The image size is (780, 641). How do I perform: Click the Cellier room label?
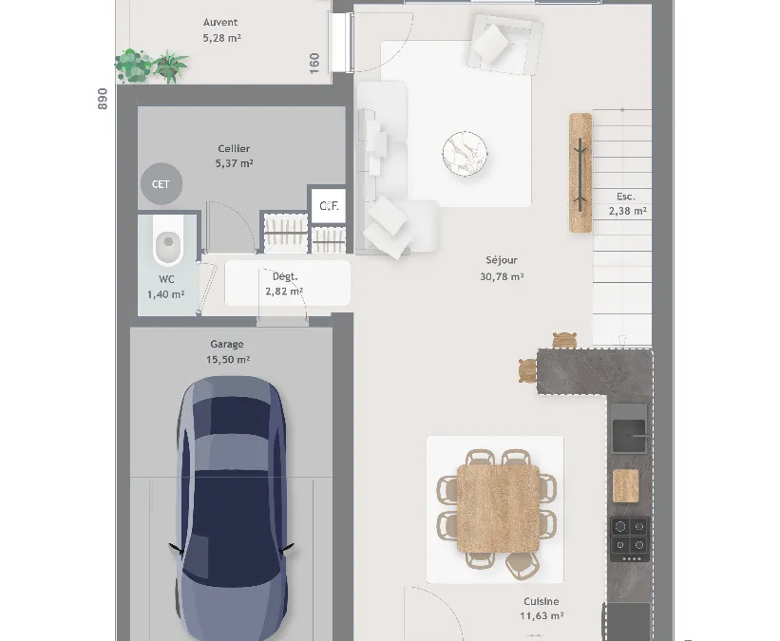click(x=234, y=148)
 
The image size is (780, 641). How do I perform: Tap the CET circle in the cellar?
click(x=162, y=184)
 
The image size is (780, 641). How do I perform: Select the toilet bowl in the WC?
click(x=168, y=244)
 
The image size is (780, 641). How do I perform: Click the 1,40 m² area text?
click(x=165, y=294)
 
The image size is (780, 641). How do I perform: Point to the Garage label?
click(x=227, y=344)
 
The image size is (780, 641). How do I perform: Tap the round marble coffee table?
click(x=465, y=153)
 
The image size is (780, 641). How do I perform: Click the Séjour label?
click(x=502, y=259)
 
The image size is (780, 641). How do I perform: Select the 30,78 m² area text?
click(x=502, y=276)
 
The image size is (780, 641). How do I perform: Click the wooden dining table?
click(x=498, y=508)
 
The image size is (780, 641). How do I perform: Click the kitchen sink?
click(x=629, y=436)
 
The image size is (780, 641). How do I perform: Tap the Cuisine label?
click(x=542, y=601)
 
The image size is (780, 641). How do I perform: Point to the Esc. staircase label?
click(x=626, y=197)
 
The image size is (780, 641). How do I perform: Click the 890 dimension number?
click(x=103, y=99)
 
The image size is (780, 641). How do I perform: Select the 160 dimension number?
click(x=314, y=64)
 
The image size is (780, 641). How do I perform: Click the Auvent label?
click(x=220, y=23)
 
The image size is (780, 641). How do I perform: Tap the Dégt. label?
click(x=285, y=276)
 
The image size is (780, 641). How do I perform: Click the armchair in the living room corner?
click(x=504, y=44)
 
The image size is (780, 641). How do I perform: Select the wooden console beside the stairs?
click(x=580, y=173)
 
